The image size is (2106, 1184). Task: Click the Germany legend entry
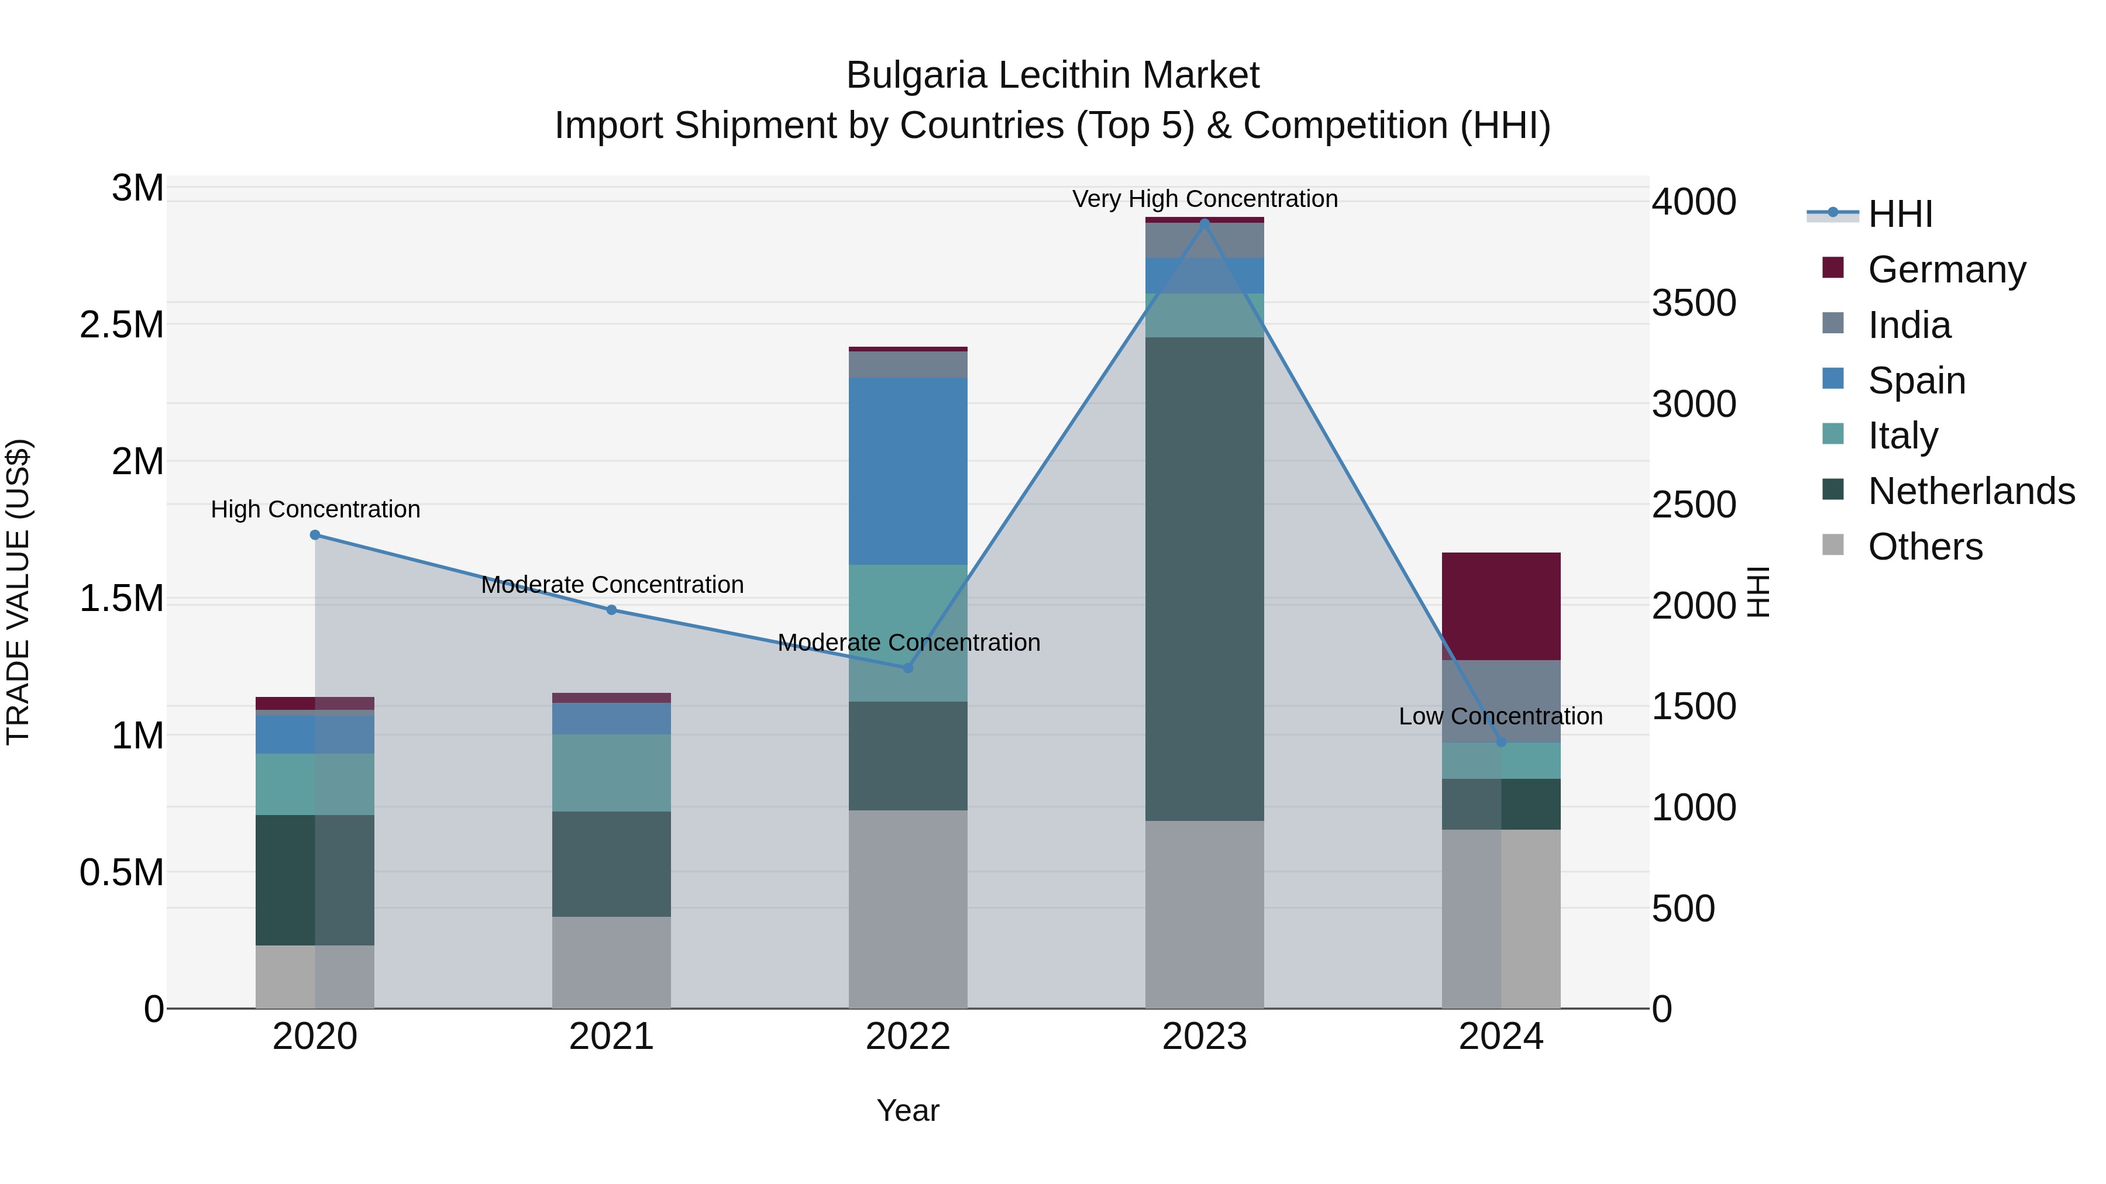click(x=1946, y=270)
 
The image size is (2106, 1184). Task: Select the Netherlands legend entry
click(x=1970, y=491)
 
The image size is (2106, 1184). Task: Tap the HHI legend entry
click(x=1899, y=214)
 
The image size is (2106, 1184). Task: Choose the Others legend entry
click(x=1925, y=547)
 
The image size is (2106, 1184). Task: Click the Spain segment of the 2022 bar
click(x=907, y=471)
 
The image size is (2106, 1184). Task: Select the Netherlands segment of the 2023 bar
click(x=1205, y=578)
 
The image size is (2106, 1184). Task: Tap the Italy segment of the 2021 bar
click(x=611, y=772)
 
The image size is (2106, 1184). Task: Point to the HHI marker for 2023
click(x=1205, y=222)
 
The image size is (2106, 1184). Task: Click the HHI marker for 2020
click(x=315, y=534)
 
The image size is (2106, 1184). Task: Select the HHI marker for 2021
click(x=611, y=610)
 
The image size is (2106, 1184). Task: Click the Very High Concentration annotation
click(x=1205, y=199)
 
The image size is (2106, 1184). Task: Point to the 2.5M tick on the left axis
click(x=121, y=325)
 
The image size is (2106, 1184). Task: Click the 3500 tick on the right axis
click(x=1693, y=303)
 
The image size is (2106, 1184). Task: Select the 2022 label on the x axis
click(x=907, y=1037)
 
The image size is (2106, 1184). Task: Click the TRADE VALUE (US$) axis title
click(x=18, y=592)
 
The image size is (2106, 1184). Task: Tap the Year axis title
click(x=907, y=1110)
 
